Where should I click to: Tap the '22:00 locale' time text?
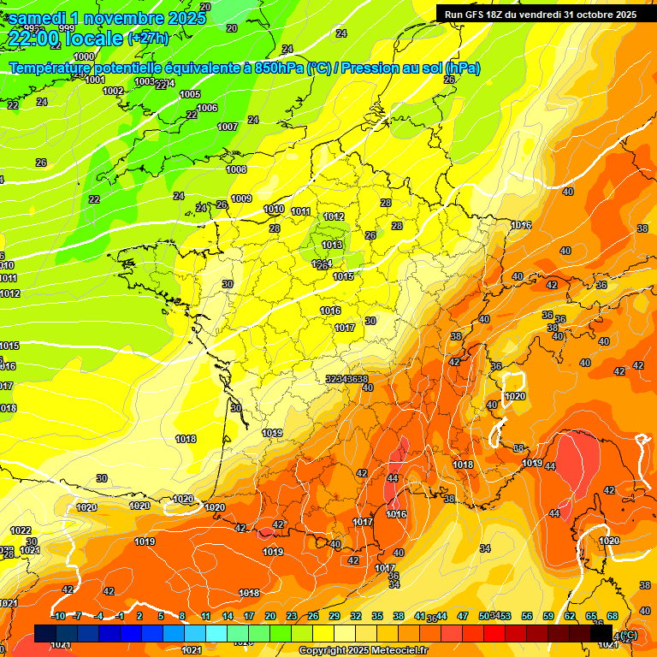(x=65, y=38)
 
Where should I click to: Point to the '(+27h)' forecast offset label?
(x=148, y=38)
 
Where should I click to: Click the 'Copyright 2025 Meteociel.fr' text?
(x=363, y=650)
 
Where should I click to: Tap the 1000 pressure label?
(x=84, y=56)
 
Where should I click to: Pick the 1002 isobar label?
(x=113, y=91)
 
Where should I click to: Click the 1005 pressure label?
(x=190, y=94)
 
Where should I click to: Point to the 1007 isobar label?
(x=228, y=127)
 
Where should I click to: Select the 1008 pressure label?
(x=236, y=169)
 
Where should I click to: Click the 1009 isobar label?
(x=241, y=198)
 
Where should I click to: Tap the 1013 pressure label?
(x=333, y=245)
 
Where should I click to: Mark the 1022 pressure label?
(x=21, y=530)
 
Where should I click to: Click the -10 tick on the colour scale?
(x=58, y=616)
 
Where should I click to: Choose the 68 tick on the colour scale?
(x=613, y=616)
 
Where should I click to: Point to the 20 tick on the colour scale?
(x=270, y=616)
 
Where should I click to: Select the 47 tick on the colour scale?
(x=463, y=616)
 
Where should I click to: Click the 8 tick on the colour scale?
(x=182, y=616)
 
